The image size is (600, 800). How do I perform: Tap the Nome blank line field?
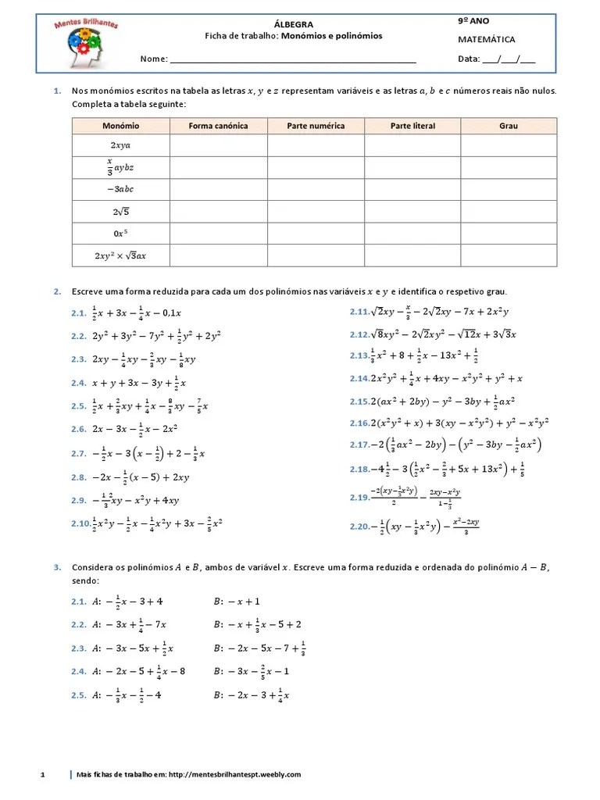pyautogui.click(x=293, y=60)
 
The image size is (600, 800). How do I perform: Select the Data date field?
pyautogui.click(x=509, y=59)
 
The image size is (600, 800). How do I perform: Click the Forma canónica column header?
pyautogui.click(x=218, y=126)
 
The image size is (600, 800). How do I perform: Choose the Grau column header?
pyautogui.click(x=509, y=126)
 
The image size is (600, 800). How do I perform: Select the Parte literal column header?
pyautogui.click(x=412, y=126)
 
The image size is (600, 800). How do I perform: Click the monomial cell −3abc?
pyautogui.click(x=120, y=189)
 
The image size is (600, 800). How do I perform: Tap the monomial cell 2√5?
pyautogui.click(x=120, y=211)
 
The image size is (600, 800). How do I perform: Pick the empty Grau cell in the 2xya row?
pyautogui.click(x=509, y=145)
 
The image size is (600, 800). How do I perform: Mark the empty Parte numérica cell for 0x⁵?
pyautogui.click(x=315, y=233)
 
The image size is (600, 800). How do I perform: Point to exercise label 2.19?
pyautogui.click(x=359, y=498)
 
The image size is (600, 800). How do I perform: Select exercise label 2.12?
pyautogui.click(x=359, y=334)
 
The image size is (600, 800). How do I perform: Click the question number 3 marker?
pyautogui.click(x=57, y=566)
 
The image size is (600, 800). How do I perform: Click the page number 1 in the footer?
pyautogui.click(x=44, y=774)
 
